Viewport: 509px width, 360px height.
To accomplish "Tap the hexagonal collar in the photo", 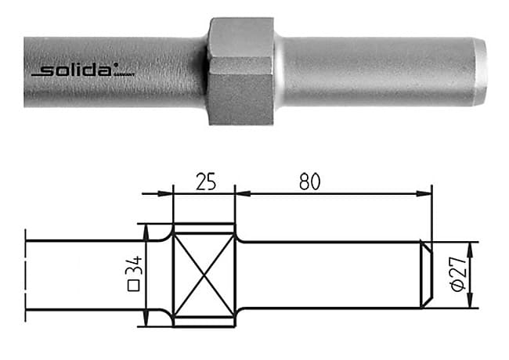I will pyautogui.click(x=240, y=70).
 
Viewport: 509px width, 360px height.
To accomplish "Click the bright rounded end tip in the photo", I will pyautogui.click(x=479, y=71).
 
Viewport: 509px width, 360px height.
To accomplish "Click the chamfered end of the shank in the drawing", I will pyautogui.click(x=426, y=275).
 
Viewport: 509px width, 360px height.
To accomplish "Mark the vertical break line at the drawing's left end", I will pyautogui.click(x=26, y=275).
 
